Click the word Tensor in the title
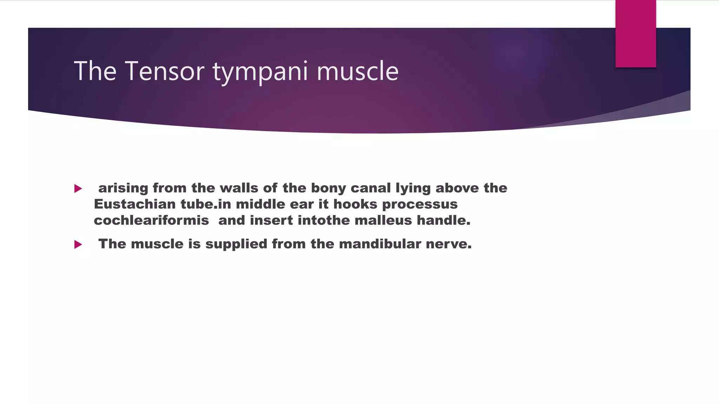coord(164,71)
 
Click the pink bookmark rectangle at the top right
coord(635,34)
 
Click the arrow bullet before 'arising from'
coord(78,189)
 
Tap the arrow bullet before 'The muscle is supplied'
coord(78,244)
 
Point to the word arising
coord(123,188)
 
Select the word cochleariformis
coord(151,220)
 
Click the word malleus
coord(383,220)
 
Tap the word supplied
coord(236,244)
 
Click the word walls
coord(239,188)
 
